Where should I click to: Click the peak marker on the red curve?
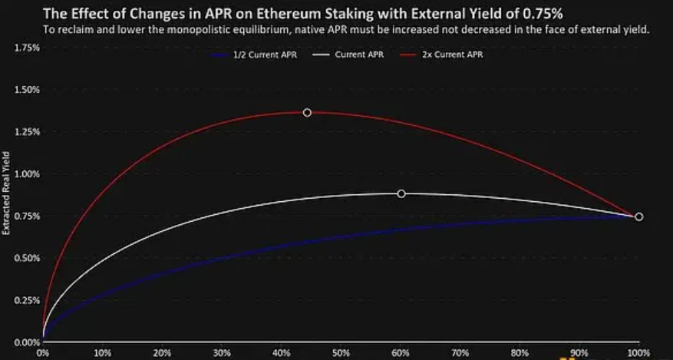point(308,113)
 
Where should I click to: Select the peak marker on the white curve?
point(401,194)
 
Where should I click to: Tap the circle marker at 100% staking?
point(639,217)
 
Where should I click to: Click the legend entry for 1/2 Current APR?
point(263,54)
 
